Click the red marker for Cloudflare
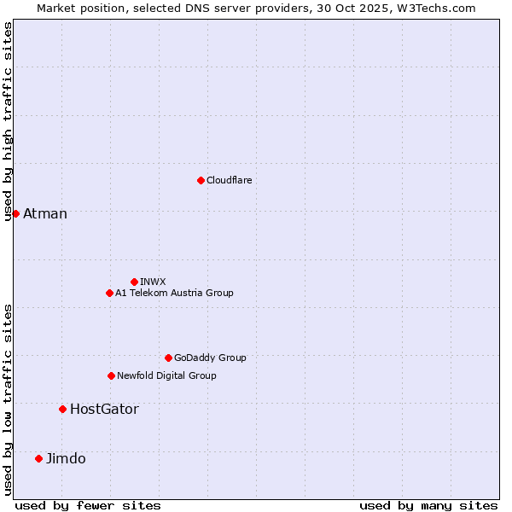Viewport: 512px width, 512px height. click(x=201, y=180)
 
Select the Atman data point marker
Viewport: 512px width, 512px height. click(x=15, y=213)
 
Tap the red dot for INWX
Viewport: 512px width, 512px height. click(x=134, y=282)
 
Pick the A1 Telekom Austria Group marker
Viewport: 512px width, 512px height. click(x=109, y=293)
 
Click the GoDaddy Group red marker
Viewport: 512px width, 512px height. click(x=168, y=358)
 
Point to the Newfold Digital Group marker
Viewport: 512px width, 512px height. click(x=111, y=375)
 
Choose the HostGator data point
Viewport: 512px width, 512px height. click(x=62, y=409)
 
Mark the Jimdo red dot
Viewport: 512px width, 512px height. click(x=38, y=458)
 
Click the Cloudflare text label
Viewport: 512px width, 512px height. click(x=229, y=180)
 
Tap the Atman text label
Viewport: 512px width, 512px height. click(x=45, y=213)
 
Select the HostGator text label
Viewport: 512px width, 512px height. click(x=104, y=409)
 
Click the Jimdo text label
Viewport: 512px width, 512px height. click(x=66, y=458)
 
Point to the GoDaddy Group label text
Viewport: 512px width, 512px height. click(x=210, y=358)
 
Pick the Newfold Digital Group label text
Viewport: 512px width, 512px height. click(x=166, y=375)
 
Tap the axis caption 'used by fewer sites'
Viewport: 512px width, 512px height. click(x=88, y=505)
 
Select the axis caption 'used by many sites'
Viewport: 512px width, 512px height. click(x=428, y=505)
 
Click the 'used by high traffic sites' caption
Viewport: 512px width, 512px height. click(x=8, y=121)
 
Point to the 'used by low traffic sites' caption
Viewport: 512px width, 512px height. click(x=8, y=399)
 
